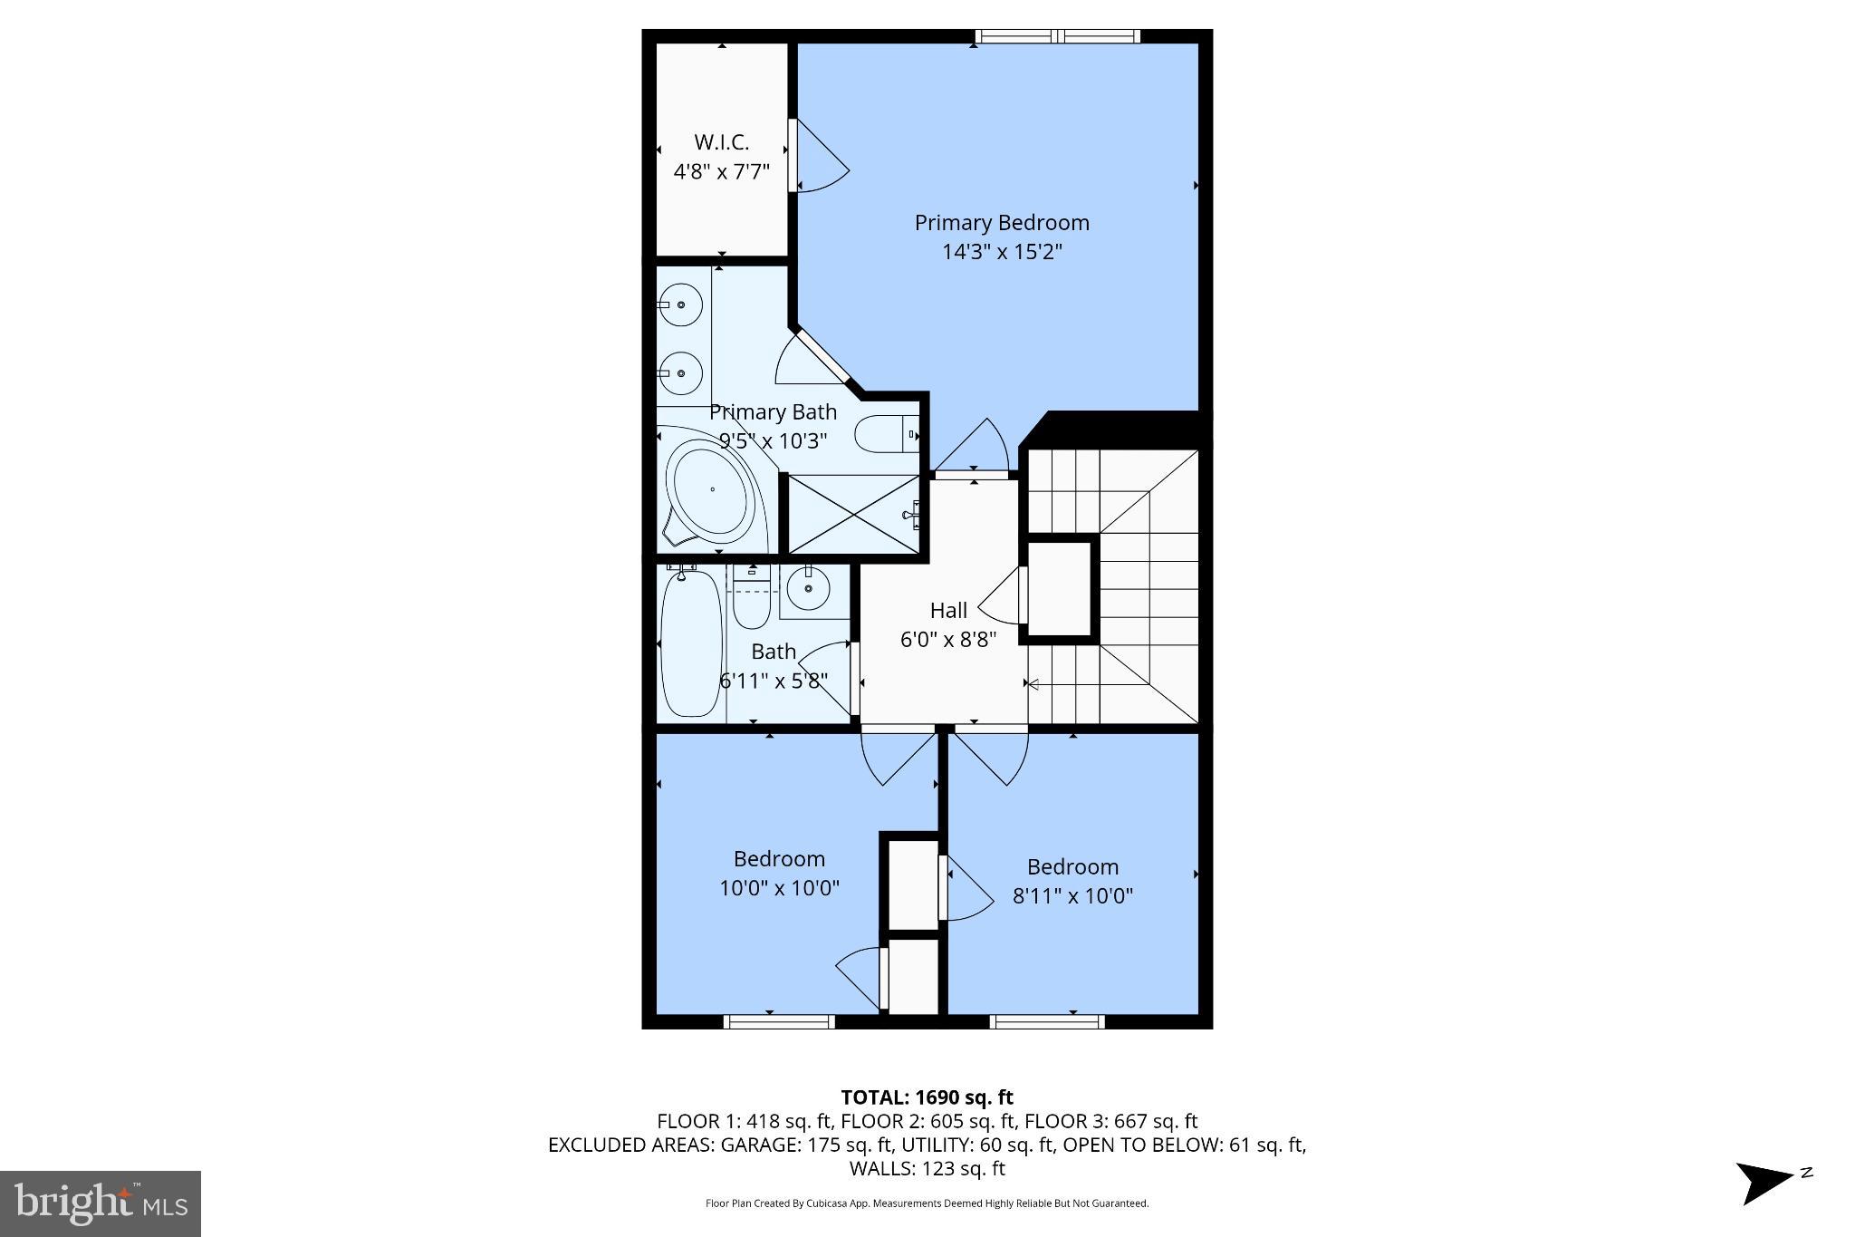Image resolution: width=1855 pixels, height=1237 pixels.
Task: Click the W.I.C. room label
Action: click(721, 142)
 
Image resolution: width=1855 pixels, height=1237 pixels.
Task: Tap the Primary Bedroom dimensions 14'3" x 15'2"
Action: click(1001, 252)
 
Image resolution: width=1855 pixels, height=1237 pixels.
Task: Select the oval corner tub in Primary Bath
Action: click(711, 490)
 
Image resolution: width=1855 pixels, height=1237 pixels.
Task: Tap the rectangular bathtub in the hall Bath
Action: click(690, 643)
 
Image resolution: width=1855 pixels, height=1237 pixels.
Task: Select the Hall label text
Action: click(947, 611)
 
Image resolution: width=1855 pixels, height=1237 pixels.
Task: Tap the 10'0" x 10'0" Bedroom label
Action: click(779, 873)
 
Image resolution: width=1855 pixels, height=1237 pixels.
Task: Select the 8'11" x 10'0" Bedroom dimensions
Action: click(1072, 896)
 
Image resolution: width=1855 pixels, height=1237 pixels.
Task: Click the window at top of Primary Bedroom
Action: click(1057, 36)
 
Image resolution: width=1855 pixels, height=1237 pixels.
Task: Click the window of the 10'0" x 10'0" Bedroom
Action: click(778, 1021)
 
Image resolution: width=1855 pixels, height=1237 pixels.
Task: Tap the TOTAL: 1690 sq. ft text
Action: click(927, 1097)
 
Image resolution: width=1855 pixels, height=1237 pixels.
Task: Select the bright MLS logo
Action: click(101, 1203)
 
